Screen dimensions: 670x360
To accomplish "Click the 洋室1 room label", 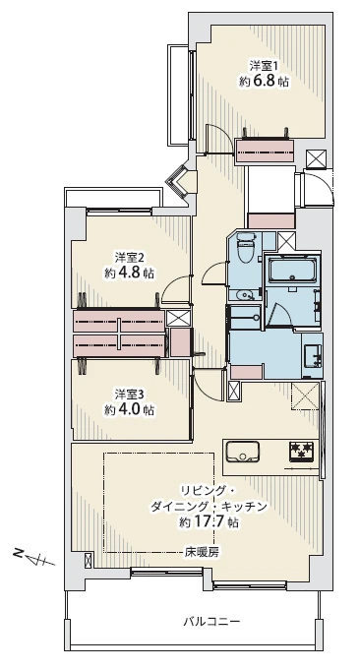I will tap(263, 67).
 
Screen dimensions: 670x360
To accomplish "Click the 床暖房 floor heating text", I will tap(201, 552).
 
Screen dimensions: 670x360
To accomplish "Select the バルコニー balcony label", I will tap(211, 621).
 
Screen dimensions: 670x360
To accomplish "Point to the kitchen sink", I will tap(242, 452).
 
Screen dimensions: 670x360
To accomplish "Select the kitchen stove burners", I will tap(301, 452).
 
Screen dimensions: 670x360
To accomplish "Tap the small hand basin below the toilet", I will tap(245, 293).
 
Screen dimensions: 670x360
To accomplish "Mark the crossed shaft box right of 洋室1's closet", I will tap(316, 158).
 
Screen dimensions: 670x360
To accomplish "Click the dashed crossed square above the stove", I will tap(306, 398).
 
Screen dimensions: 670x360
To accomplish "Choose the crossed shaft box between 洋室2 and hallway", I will tap(178, 318).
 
